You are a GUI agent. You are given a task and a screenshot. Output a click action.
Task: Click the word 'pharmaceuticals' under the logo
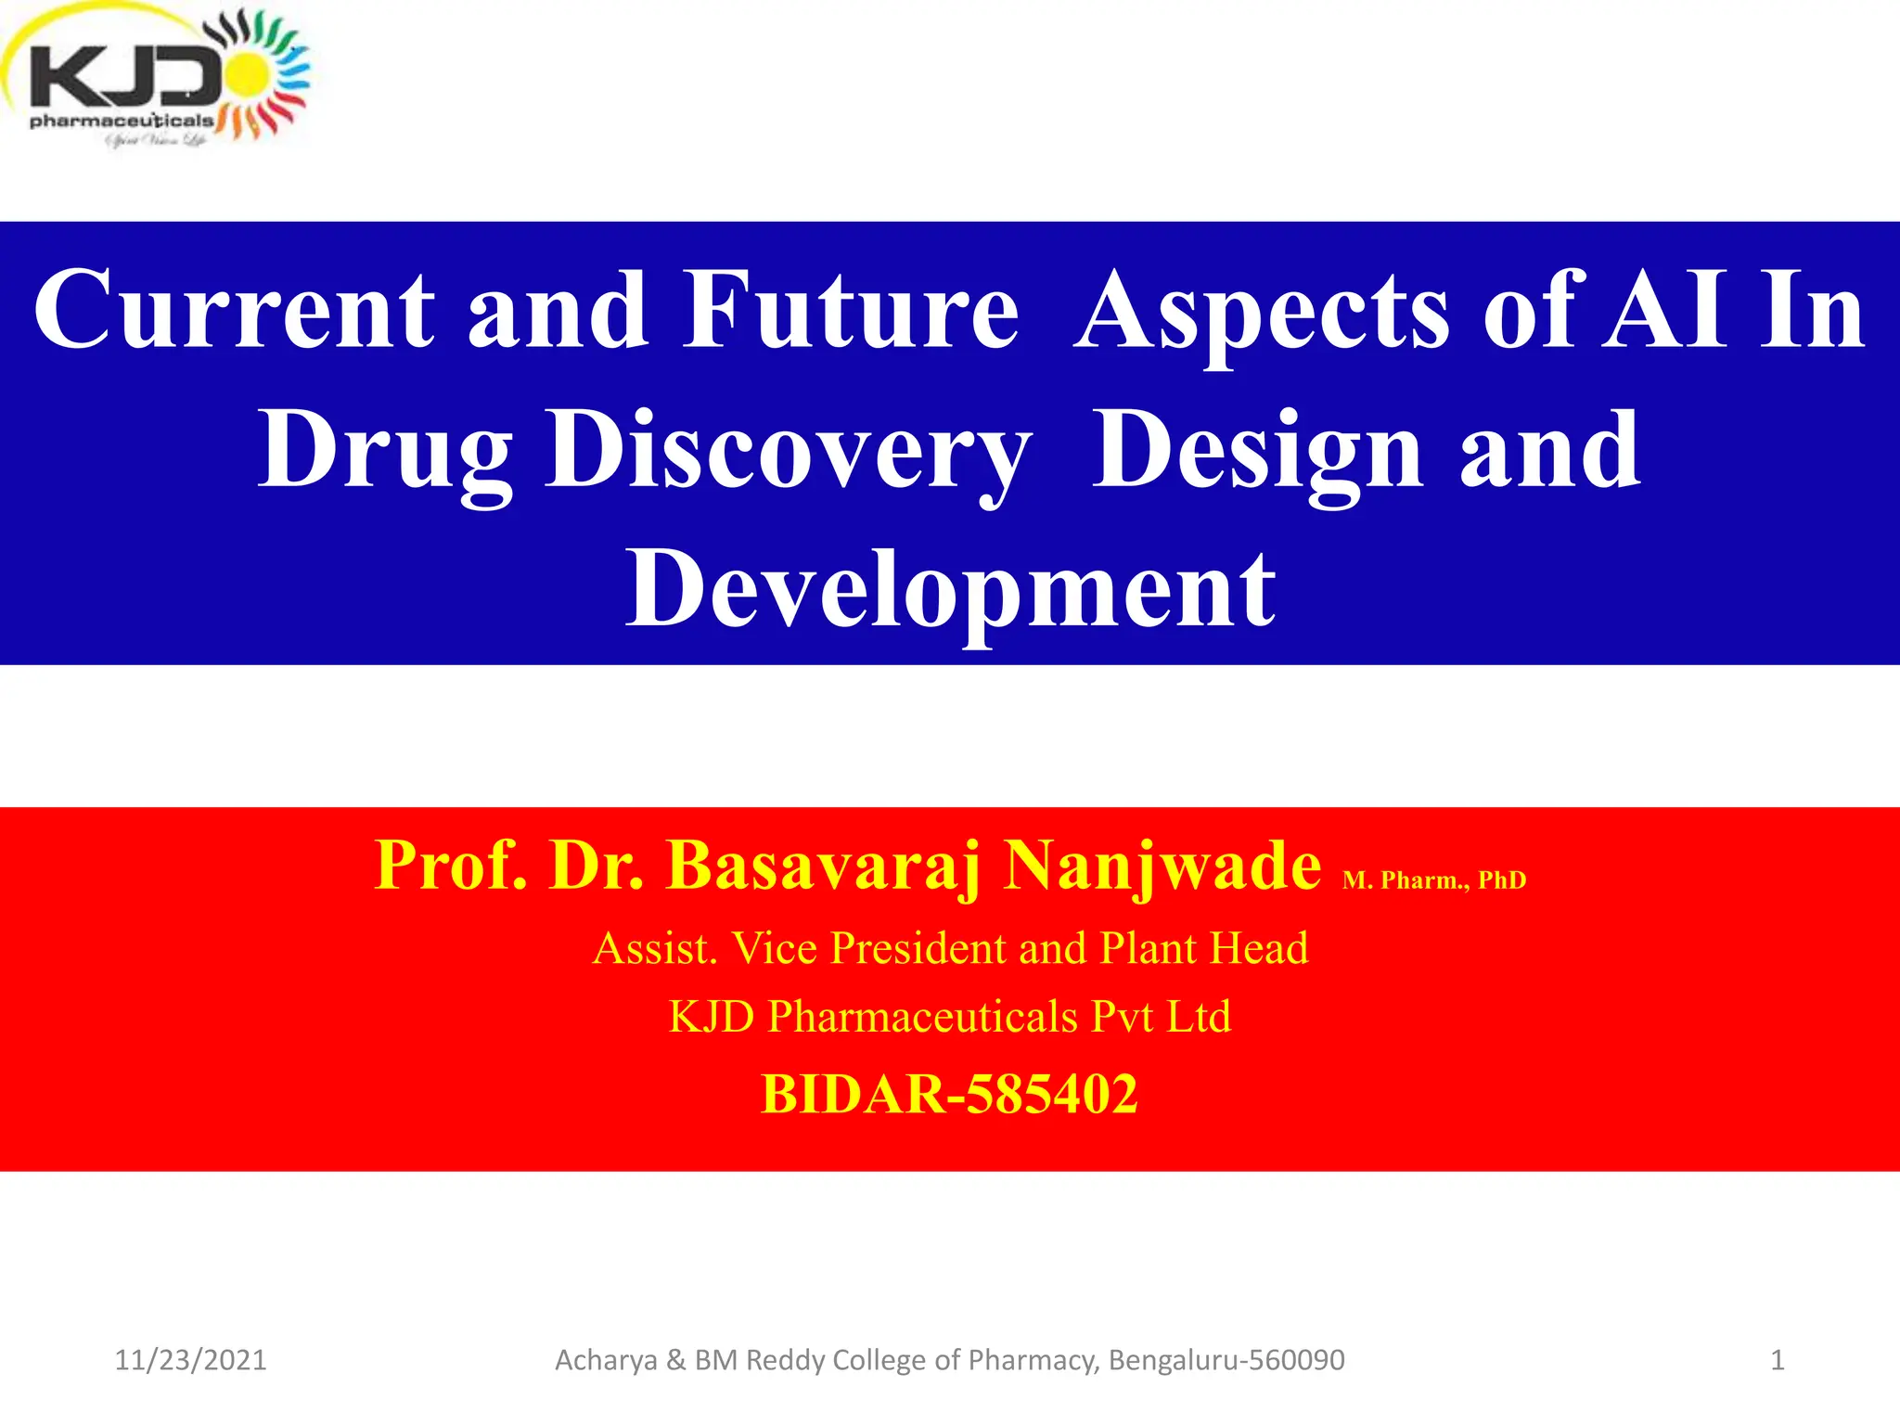(122, 122)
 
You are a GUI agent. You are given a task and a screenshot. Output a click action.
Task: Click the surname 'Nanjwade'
(1163, 866)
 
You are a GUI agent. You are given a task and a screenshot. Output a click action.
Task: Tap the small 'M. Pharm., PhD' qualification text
(1433, 880)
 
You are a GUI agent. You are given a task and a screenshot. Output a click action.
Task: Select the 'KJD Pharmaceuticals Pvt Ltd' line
(950, 1017)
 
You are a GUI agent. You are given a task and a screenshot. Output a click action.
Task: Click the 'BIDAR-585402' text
(949, 1094)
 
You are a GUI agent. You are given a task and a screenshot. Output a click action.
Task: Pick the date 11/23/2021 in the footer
(190, 1360)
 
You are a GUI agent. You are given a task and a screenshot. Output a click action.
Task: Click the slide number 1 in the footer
(1777, 1360)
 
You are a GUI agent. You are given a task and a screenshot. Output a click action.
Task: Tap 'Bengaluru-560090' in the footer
(1226, 1360)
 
